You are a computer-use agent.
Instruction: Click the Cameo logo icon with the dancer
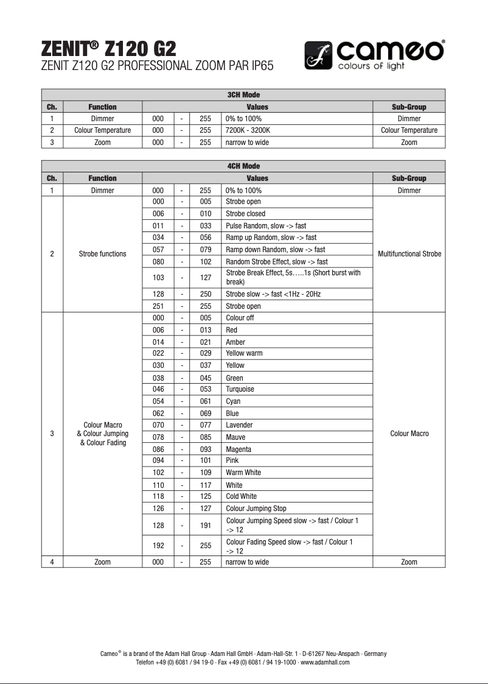pyautogui.click(x=318, y=55)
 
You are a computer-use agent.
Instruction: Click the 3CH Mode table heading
pyautogui.click(x=243, y=95)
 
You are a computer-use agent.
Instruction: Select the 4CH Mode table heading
pyautogui.click(x=243, y=166)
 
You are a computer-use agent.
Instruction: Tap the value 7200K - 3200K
pyautogui.click(x=248, y=130)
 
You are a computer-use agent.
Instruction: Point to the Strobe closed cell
pyautogui.click(x=245, y=214)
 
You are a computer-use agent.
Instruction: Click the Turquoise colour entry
pyautogui.click(x=240, y=389)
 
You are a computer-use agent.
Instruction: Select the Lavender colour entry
pyautogui.click(x=239, y=425)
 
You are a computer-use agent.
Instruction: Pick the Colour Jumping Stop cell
pyautogui.click(x=256, y=509)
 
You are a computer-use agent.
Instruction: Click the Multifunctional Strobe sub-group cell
pyautogui.click(x=409, y=254)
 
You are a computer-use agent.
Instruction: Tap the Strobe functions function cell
pyautogui.click(x=102, y=254)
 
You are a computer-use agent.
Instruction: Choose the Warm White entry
pyautogui.click(x=243, y=473)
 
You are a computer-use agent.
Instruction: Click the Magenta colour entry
pyautogui.click(x=239, y=450)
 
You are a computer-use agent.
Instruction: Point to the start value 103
pyautogui.click(x=158, y=277)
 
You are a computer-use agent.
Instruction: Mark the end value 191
pyautogui.click(x=205, y=525)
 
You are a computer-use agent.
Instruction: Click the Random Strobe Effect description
pyautogui.click(x=276, y=262)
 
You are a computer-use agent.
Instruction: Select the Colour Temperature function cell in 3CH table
pyautogui.click(x=102, y=130)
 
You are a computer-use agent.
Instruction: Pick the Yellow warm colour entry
pyautogui.click(x=244, y=353)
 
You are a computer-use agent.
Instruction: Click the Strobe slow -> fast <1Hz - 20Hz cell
pyautogui.click(x=273, y=294)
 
